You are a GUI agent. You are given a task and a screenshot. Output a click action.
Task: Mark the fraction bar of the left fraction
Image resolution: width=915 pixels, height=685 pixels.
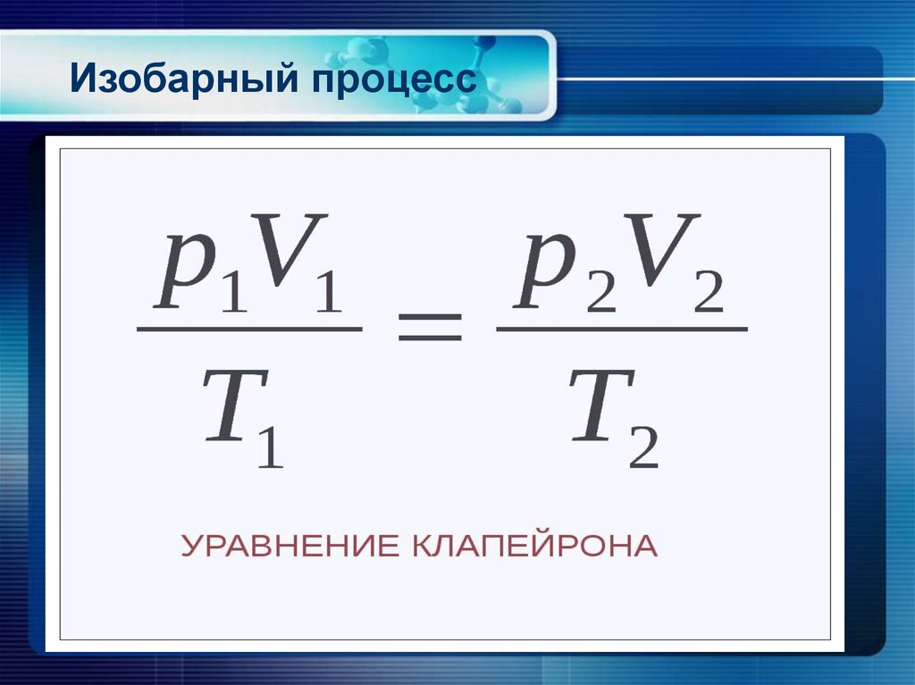pyautogui.click(x=249, y=330)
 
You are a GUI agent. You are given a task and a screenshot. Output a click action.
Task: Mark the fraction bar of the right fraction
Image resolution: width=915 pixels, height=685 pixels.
pyautogui.click(x=621, y=330)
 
